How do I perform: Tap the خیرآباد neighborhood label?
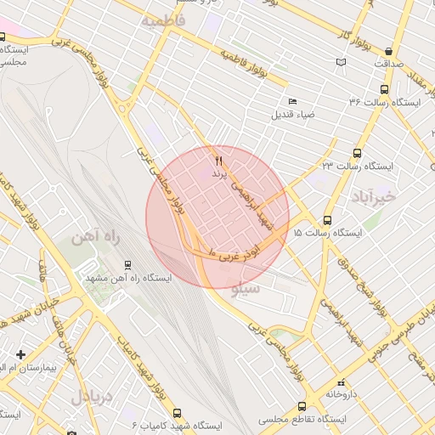click(x=373, y=197)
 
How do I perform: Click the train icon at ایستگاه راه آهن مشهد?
click(x=128, y=264)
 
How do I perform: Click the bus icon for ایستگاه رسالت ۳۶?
click(x=385, y=88)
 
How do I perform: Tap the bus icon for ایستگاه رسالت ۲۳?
click(x=355, y=154)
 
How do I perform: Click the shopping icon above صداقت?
click(x=388, y=51)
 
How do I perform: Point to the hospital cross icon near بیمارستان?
click(x=21, y=353)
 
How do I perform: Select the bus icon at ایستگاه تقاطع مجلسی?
click(x=302, y=407)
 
